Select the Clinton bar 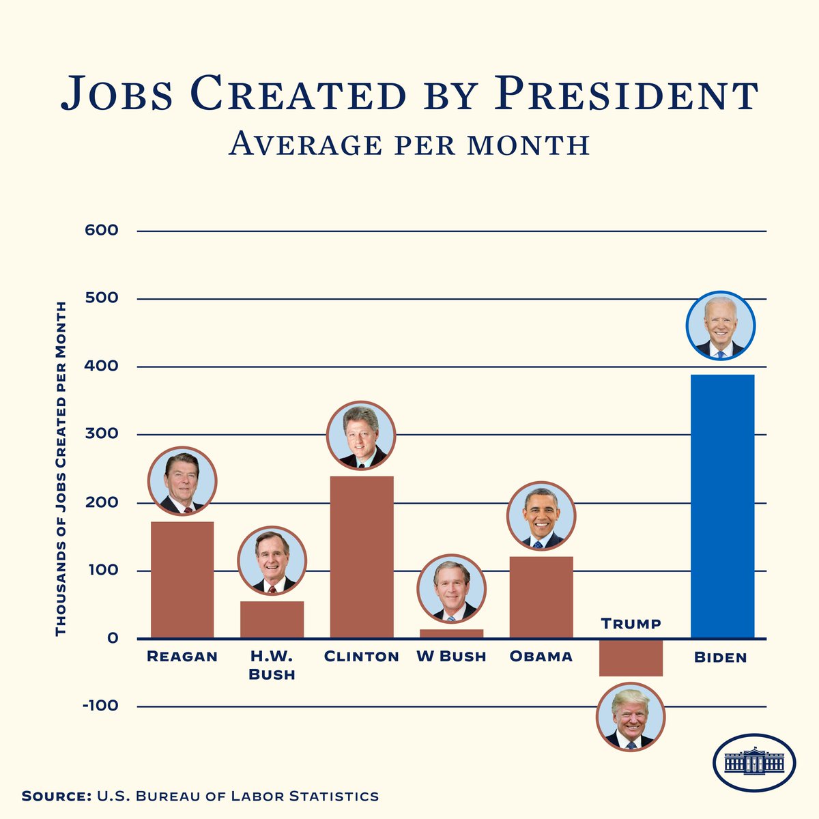pyautogui.click(x=362, y=557)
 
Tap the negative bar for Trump pyautogui.click(x=631, y=658)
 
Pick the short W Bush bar pyautogui.click(x=451, y=634)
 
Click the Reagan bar pyautogui.click(x=182, y=580)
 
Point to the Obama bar pyautogui.click(x=541, y=598)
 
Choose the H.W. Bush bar pyautogui.click(x=272, y=620)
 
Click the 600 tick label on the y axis pyautogui.click(x=101, y=231)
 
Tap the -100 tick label pyautogui.click(x=100, y=706)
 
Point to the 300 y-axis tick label pyautogui.click(x=101, y=434)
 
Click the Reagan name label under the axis pyautogui.click(x=182, y=657)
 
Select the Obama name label pyautogui.click(x=541, y=657)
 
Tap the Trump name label pyautogui.click(x=631, y=623)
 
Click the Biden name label pyautogui.click(x=721, y=658)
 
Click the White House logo pyautogui.click(x=753, y=762)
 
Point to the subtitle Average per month pyautogui.click(x=409, y=144)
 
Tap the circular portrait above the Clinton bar pyautogui.click(x=361, y=435)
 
